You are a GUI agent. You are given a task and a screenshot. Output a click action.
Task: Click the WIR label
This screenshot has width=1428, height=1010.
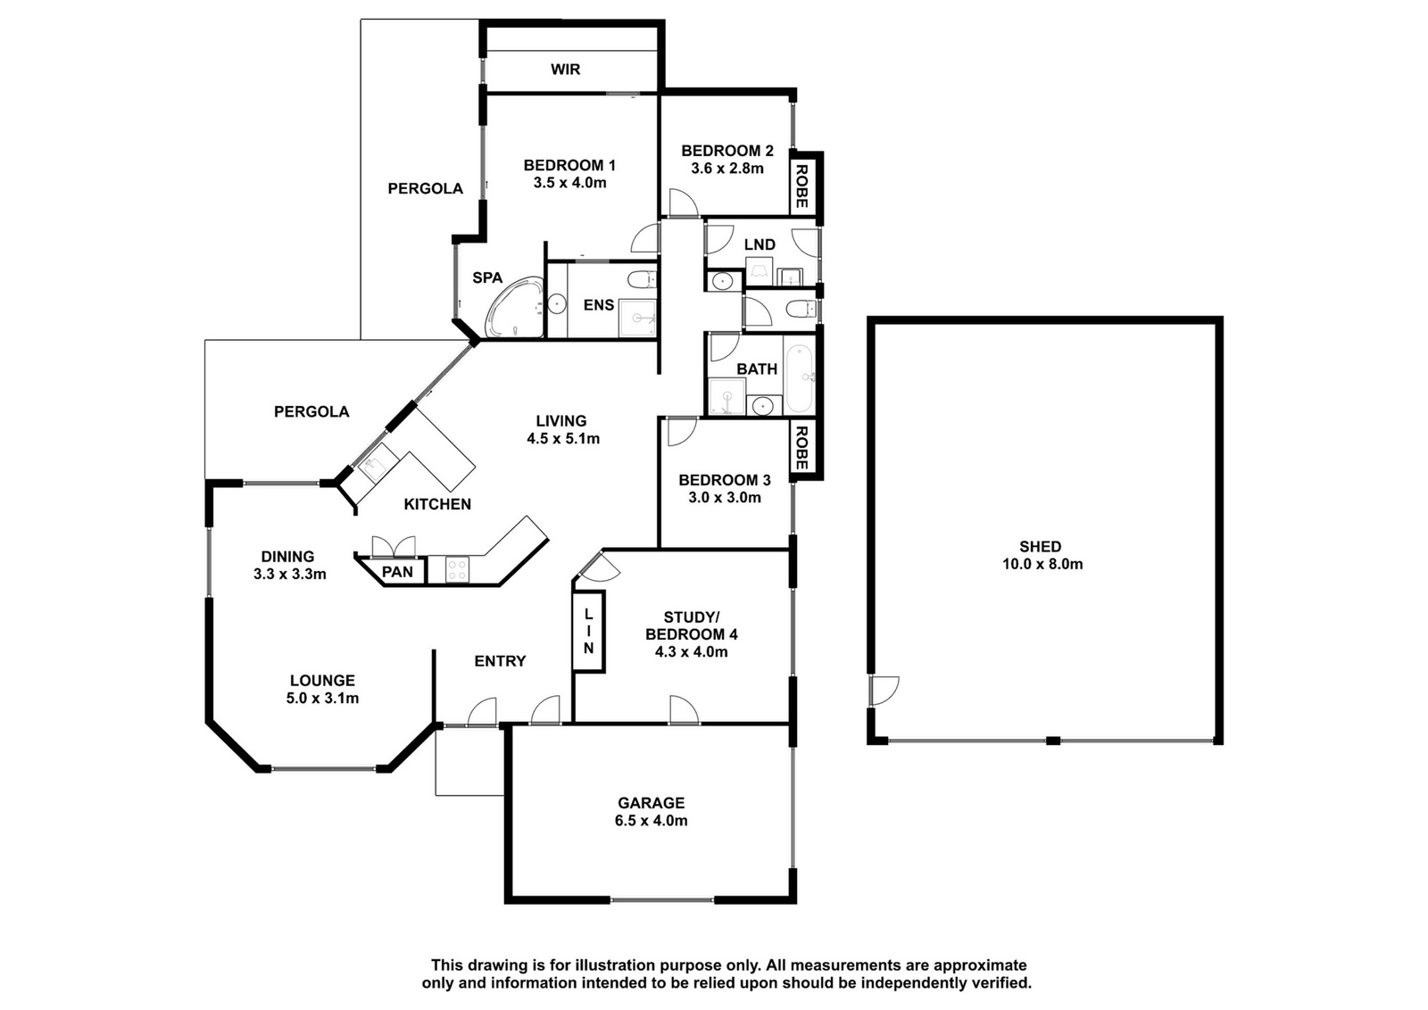[566, 70]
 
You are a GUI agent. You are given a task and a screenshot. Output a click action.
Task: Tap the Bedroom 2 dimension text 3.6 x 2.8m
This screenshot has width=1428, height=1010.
[727, 169]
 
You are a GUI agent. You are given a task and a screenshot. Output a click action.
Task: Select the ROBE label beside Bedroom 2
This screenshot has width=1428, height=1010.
[802, 186]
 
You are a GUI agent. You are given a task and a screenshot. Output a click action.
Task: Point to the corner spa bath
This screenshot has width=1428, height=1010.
[514, 307]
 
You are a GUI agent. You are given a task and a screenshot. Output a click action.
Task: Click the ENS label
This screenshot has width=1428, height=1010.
[599, 305]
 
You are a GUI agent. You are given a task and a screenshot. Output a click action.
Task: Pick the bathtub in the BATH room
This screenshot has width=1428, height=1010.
[800, 379]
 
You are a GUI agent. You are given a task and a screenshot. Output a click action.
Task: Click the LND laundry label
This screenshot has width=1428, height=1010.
[760, 244]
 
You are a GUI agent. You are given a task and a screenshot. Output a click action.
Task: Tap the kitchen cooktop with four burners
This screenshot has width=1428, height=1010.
[456, 569]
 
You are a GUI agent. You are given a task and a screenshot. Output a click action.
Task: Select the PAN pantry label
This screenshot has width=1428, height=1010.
[397, 572]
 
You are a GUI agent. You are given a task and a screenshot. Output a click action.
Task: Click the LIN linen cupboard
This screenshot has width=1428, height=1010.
[588, 632]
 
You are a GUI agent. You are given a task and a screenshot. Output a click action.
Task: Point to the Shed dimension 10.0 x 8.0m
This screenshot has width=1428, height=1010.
[1042, 565]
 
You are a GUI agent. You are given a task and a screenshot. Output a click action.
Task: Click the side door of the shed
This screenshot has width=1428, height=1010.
[883, 690]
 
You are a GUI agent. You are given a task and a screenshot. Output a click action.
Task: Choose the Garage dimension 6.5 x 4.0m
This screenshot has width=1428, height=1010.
[651, 821]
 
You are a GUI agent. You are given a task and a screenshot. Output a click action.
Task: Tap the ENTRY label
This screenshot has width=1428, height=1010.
[500, 661]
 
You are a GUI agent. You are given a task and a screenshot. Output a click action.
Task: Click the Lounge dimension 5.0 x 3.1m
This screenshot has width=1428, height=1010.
[322, 699]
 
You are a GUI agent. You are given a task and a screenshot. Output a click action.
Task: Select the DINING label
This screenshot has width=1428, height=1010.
[287, 557]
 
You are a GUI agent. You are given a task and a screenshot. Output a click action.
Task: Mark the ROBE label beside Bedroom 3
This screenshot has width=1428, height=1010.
[802, 448]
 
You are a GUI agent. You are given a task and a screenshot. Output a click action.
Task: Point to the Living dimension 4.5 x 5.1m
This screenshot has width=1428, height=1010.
[563, 439]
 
